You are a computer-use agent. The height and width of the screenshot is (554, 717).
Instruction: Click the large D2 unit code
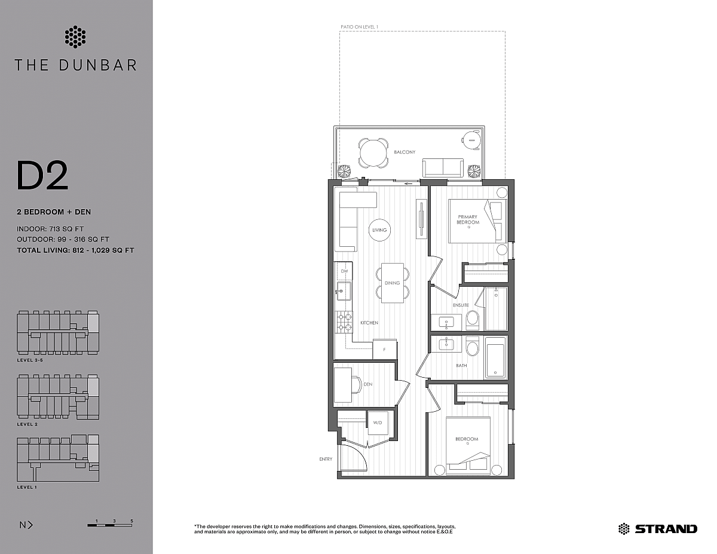click(x=42, y=175)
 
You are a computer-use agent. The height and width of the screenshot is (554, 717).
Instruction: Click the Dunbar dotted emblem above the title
click(x=75, y=36)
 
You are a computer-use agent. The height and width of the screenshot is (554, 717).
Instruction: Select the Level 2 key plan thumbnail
click(x=58, y=397)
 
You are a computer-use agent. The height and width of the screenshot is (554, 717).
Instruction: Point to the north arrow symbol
click(x=26, y=525)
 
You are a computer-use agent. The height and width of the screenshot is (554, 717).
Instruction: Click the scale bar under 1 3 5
click(x=109, y=525)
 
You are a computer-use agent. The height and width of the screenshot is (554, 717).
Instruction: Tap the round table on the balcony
click(x=373, y=153)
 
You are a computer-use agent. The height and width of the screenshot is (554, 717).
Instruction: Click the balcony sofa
click(x=443, y=167)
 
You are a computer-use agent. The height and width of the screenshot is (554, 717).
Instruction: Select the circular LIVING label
click(x=379, y=230)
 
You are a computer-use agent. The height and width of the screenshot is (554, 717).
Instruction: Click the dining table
click(x=393, y=283)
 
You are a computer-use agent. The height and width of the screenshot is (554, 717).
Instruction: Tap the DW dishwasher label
click(x=345, y=271)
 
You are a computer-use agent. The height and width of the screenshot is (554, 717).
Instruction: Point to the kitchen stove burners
click(x=344, y=322)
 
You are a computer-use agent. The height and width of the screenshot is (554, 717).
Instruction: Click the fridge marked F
click(x=385, y=349)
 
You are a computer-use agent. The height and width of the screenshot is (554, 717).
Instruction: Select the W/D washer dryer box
click(x=378, y=423)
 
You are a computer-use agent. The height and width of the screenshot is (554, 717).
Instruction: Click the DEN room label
click(x=368, y=384)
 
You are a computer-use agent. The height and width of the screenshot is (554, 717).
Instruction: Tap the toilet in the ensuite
click(x=473, y=320)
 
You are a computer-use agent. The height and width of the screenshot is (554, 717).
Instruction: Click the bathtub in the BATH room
click(x=495, y=357)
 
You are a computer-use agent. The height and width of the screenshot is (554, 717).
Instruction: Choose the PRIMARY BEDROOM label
click(x=468, y=219)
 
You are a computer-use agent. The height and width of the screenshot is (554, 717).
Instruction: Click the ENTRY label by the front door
click(x=326, y=459)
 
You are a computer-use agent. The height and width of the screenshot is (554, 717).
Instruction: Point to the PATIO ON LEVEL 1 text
click(x=359, y=27)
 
